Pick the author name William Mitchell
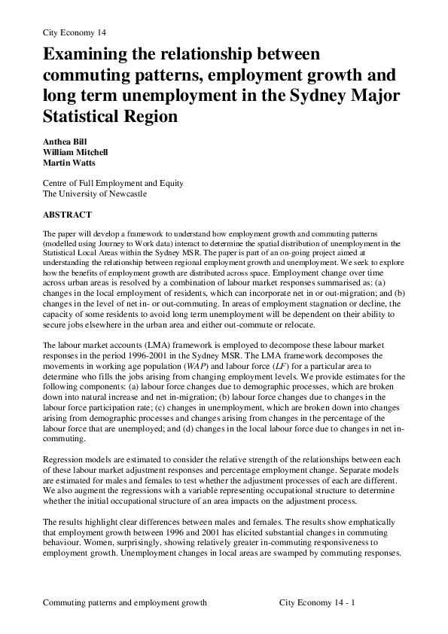76,151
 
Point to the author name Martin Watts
69,162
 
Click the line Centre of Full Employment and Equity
113,183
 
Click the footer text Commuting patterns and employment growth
125,603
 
